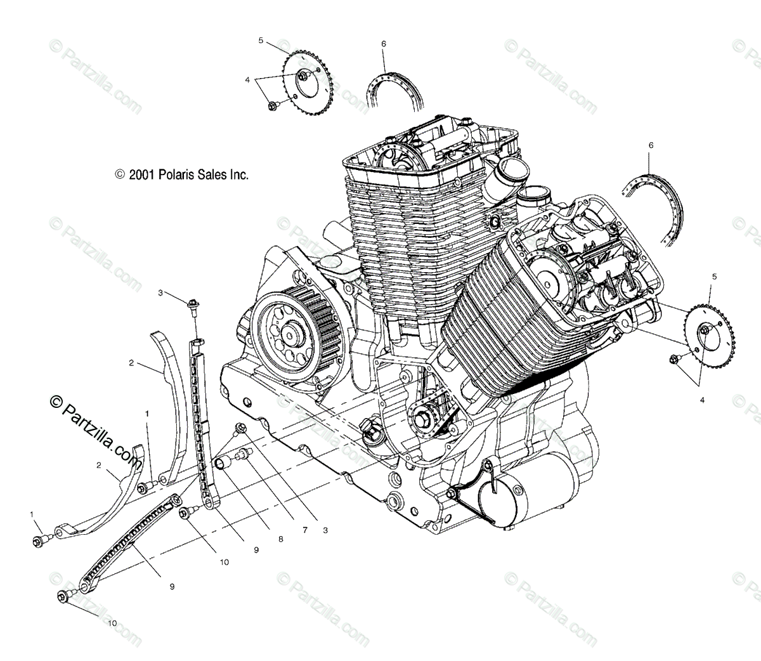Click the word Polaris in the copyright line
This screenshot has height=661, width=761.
pos(173,175)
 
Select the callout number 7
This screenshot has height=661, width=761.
pos(304,530)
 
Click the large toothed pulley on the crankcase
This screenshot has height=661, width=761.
pos(293,330)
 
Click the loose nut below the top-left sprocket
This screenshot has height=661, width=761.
pos(273,105)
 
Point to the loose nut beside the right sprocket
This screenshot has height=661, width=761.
pos(673,360)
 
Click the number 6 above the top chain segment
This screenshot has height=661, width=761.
pos(384,44)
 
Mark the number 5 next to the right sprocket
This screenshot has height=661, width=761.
pos(714,277)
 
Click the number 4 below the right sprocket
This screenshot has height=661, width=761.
pos(701,400)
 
